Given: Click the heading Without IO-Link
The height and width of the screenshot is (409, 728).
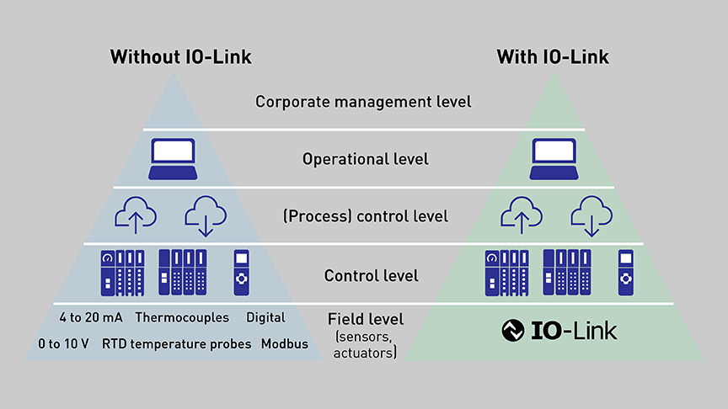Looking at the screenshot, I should [x=180, y=57].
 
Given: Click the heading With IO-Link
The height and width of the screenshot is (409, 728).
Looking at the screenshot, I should [x=553, y=57].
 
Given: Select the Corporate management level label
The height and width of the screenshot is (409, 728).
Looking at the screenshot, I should [x=363, y=102].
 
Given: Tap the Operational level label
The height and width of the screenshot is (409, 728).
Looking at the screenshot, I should [x=365, y=158].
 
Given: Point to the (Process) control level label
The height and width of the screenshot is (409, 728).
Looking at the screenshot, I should [x=366, y=216].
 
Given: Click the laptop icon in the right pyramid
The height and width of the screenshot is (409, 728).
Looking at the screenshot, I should [x=554, y=158].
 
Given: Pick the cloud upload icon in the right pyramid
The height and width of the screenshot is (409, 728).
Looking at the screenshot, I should [x=521, y=215].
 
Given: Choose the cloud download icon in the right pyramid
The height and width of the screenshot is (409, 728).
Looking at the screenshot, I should [x=590, y=215].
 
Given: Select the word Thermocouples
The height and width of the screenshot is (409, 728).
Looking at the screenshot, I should [x=181, y=318].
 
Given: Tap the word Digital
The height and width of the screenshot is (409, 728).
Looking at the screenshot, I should [x=265, y=318].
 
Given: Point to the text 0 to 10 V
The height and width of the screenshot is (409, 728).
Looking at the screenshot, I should [x=60, y=343].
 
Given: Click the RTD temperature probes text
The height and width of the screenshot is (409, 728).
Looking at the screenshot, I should [x=176, y=343].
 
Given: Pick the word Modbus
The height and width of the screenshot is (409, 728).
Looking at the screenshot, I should [x=285, y=343].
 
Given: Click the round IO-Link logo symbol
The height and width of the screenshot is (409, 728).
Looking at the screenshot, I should [x=512, y=331].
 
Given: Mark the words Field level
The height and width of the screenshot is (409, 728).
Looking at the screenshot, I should [x=366, y=319].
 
